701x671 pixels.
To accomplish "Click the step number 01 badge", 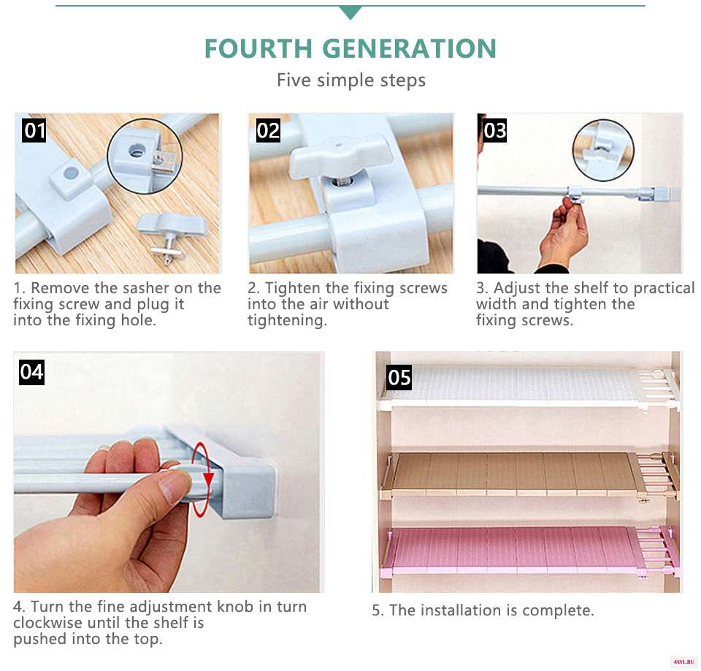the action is (x=34, y=130).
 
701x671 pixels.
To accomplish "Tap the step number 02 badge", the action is (x=268, y=130).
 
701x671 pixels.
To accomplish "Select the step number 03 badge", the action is (x=494, y=130).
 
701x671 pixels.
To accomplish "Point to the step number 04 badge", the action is (x=31, y=372).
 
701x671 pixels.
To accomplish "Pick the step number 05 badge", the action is (x=399, y=377).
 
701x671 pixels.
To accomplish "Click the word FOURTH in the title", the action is (x=258, y=48).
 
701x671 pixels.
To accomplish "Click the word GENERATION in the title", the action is (x=409, y=48).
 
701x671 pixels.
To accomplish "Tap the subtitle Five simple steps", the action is (x=351, y=80).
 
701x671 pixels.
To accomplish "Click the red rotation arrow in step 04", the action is (x=202, y=479).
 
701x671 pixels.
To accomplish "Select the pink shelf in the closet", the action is (x=530, y=551).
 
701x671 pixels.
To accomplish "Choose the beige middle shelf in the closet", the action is (x=530, y=474).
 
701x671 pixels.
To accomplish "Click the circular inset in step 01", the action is (x=145, y=156).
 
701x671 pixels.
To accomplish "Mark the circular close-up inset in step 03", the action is (x=604, y=150).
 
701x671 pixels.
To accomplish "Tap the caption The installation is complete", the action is (x=483, y=610).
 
